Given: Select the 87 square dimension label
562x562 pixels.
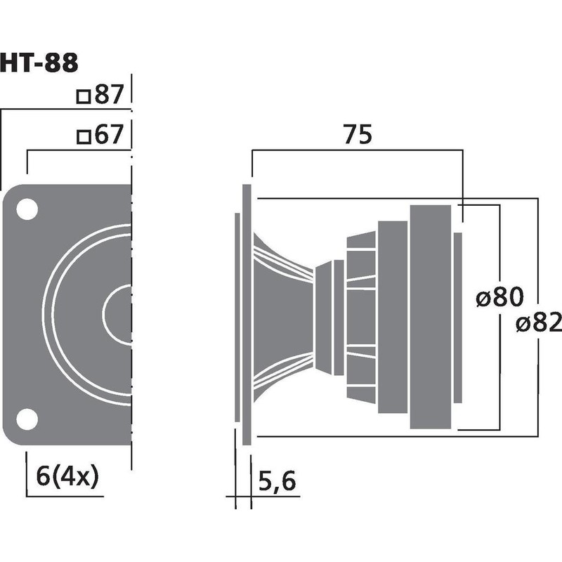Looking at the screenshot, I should coord(109,96).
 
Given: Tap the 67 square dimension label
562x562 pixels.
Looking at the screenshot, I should coord(109,136).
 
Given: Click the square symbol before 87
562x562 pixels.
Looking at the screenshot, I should coord(84,97).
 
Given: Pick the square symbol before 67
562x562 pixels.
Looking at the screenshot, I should coord(84,137).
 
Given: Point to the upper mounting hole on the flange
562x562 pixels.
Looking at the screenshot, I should coord(27,209).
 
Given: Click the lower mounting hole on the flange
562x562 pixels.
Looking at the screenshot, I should coord(27,419).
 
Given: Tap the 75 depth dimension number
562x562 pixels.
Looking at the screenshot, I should coord(356,135).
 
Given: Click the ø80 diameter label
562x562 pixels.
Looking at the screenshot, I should coord(499,298).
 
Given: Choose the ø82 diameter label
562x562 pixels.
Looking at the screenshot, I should coord(538,323).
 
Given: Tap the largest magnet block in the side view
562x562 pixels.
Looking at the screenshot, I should coord(430,316).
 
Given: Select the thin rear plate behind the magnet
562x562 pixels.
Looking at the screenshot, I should coord(458,318).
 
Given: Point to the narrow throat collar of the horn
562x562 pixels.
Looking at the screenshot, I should coord(324,316).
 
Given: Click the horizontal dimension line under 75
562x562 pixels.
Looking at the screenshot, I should coord(356,150).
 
